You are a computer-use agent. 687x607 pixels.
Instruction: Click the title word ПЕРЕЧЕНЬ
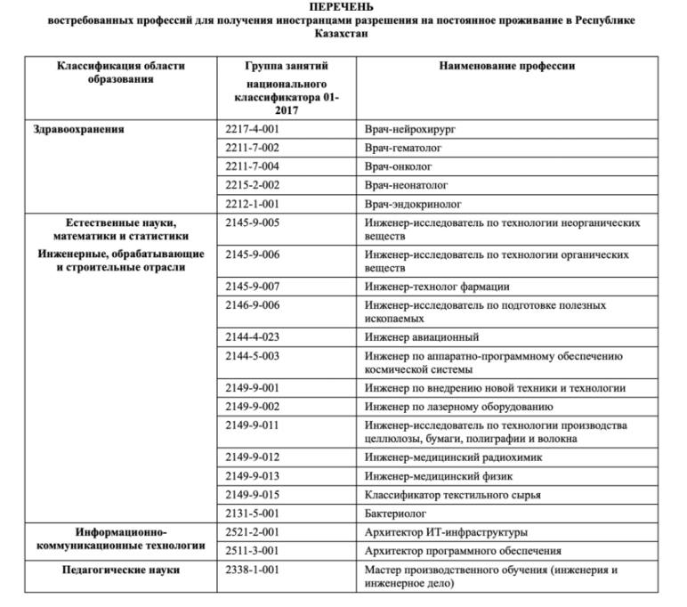[x=342, y=7]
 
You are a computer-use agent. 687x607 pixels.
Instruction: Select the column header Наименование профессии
[x=507, y=66]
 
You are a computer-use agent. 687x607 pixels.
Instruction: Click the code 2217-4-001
[x=252, y=129]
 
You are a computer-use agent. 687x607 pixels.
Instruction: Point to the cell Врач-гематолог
[x=403, y=148]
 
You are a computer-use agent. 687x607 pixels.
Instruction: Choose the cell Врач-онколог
[x=398, y=166]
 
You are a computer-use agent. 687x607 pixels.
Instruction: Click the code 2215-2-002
[x=252, y=185]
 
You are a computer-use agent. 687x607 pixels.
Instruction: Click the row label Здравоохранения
[x=78, y=129]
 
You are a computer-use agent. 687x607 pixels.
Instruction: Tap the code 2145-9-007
[x=252, y=287]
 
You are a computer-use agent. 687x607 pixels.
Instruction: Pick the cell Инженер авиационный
[x=422, y=337]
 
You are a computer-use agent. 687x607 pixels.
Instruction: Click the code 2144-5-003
[x=252, y=356]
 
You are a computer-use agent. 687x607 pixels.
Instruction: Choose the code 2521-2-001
[x=252, y=532]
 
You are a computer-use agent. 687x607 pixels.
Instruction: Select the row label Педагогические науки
[x=122, y=570]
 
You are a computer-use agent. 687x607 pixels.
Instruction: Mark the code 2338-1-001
[x=252, y=570]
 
